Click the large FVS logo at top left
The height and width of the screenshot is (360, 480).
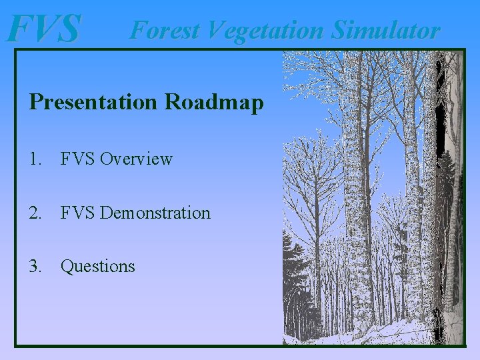[44, 29]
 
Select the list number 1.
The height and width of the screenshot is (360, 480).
[35, 159]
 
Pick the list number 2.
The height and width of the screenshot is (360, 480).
[35, 213]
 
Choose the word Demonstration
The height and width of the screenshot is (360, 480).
[155, 213]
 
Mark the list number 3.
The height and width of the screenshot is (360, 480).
[35, 267]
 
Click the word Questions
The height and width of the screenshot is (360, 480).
[97, 267]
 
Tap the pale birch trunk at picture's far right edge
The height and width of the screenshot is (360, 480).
[455, 167]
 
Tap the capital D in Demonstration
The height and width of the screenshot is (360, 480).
[107, 213]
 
